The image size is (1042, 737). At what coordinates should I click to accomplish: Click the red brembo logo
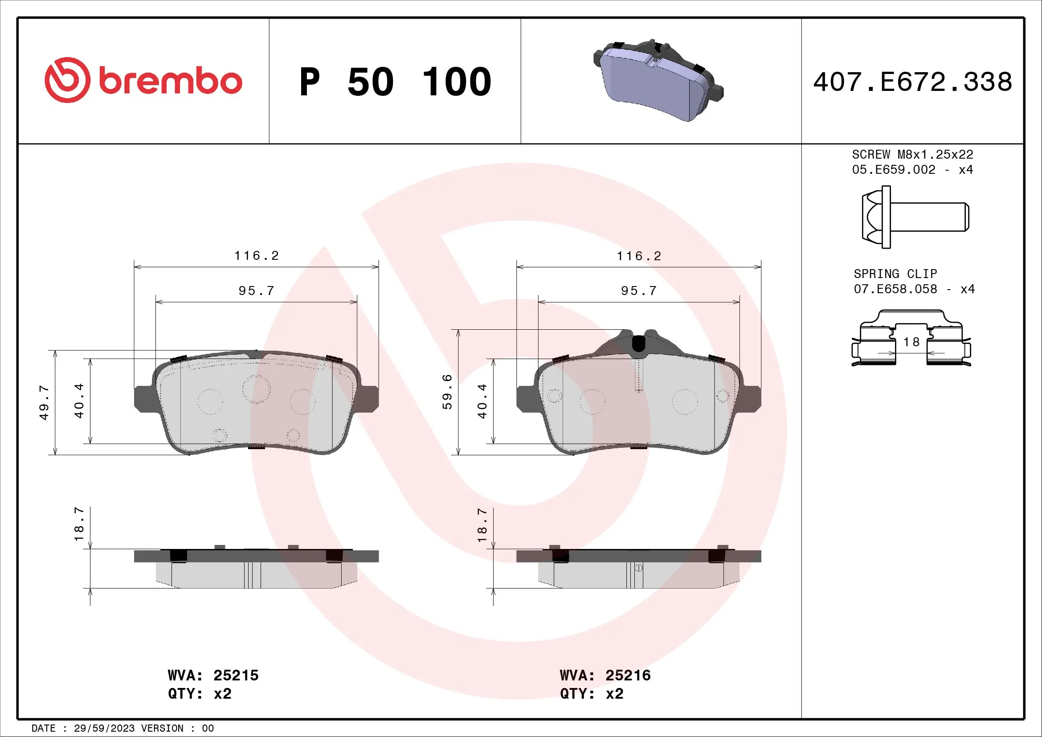click(143, 80)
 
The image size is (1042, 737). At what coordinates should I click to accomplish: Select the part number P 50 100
click(395, 82)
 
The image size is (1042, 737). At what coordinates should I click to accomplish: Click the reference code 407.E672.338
click(912, 82)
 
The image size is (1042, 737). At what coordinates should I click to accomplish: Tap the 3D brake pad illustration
click(658, 81)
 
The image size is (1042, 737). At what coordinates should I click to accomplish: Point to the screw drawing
click(915, 217)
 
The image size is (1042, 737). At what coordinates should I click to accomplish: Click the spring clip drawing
click(911, 338)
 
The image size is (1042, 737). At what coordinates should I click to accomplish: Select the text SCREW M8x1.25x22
click(912, 154)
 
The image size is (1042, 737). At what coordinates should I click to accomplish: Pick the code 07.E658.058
click(895, 289)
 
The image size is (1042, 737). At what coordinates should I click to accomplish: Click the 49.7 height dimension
click(44, 402)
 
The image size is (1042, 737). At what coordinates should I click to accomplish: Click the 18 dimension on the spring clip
click(911, 342)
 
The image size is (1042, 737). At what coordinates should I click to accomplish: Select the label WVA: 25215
click(213, 675)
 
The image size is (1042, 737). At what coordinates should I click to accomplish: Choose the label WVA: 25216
click(605, 675)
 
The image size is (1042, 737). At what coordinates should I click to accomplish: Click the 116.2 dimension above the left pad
click(257, 256)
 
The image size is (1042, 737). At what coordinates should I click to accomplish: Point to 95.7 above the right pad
click(638, 291)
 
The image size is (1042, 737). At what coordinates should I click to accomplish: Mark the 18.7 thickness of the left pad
click(79, 524)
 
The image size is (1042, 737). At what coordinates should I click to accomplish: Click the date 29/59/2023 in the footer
click(104, 729)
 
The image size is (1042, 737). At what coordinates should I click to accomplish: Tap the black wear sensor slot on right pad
click(638, 343)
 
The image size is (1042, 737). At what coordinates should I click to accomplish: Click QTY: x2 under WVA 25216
click(591, 694)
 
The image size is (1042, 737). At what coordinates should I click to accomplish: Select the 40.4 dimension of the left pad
click(79, 401)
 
